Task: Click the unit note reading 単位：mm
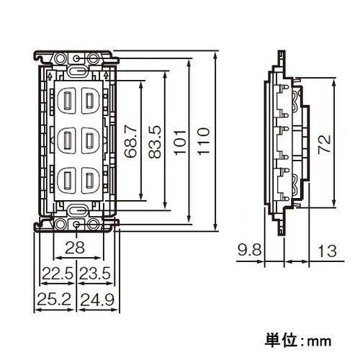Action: [298, 338]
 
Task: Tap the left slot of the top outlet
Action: [67, 100]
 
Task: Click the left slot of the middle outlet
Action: [67, 138]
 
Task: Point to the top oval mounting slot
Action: [76, 72]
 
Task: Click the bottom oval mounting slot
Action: [76, 210]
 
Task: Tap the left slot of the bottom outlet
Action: [67, 177]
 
